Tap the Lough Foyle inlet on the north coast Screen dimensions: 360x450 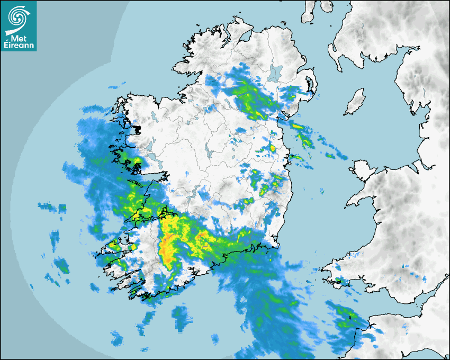(244, 37)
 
